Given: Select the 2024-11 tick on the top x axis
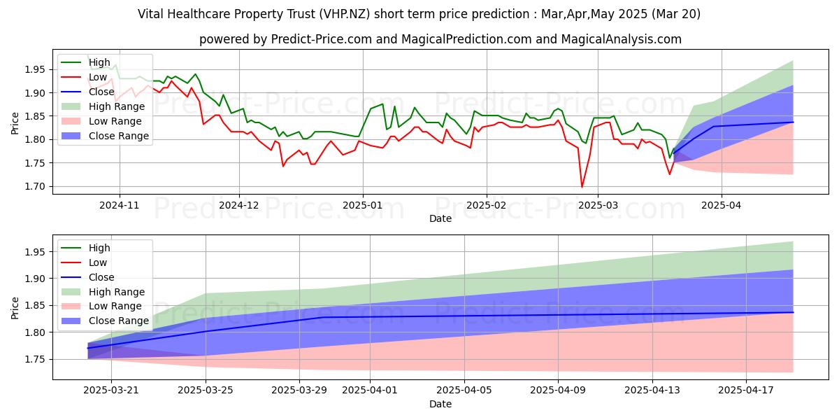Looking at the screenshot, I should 120,204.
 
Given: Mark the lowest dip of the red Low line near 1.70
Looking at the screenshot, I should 582,186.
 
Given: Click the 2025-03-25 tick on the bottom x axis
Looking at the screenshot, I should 206,391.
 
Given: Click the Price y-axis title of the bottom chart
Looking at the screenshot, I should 15,308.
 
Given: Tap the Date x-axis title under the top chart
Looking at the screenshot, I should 440,218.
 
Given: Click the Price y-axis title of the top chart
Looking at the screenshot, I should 15,123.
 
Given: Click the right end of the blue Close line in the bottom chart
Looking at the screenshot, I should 793,312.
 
